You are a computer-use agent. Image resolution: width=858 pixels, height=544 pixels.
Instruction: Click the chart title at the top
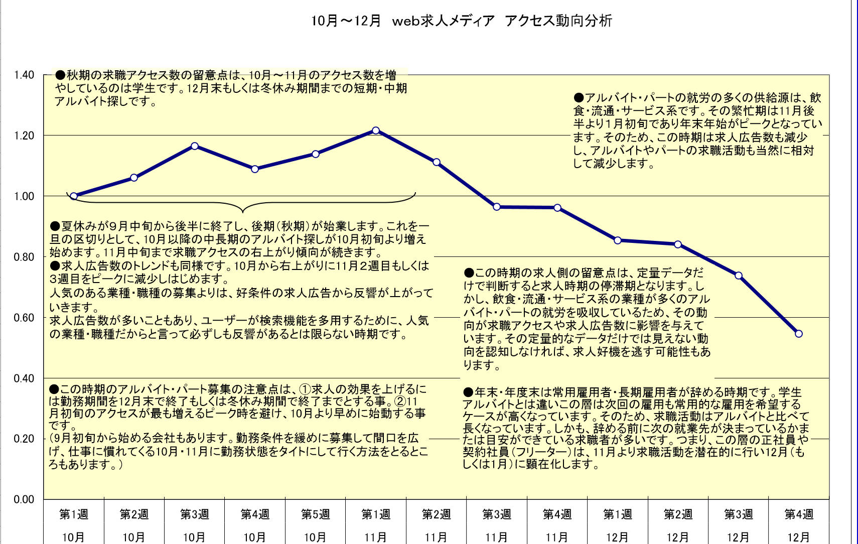point(462,21)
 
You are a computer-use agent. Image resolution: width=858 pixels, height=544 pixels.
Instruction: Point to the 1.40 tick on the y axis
point(24,75)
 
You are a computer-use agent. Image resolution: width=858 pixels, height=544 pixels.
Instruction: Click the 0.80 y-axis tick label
point(24,257)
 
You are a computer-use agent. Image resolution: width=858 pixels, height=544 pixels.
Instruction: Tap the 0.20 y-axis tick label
point(24,439)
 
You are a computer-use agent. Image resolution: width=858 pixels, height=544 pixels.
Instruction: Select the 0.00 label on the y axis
point(24,499)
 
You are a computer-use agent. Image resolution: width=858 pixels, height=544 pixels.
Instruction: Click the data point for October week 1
point(74,196)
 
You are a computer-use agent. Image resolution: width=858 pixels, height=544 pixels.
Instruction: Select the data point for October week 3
point(195,146)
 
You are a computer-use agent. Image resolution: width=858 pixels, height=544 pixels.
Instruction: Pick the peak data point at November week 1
point(376,130)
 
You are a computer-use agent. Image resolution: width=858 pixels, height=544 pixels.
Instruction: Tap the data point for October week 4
point(255,169)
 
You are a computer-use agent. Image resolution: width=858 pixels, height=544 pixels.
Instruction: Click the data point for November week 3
point(497,207)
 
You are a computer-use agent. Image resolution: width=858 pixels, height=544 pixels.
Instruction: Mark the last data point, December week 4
point(799,334)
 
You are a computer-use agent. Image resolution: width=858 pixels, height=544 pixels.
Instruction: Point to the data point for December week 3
point(739,276)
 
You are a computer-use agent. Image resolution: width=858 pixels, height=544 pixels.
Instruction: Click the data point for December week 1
point(618,240)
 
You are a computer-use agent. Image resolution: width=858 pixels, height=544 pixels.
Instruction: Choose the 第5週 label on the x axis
point(315,514)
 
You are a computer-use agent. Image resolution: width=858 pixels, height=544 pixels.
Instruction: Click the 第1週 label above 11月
point(376,514)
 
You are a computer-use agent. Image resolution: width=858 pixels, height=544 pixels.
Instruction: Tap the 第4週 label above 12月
point(799,514)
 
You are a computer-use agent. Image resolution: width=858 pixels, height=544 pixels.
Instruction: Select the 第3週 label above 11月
point(497,514)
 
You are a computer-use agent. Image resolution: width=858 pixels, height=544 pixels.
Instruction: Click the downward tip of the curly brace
point(243,211)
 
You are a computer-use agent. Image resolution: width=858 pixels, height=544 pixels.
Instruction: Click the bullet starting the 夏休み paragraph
point(55,226)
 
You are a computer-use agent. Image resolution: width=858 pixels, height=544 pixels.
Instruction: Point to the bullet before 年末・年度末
point(469,392)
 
